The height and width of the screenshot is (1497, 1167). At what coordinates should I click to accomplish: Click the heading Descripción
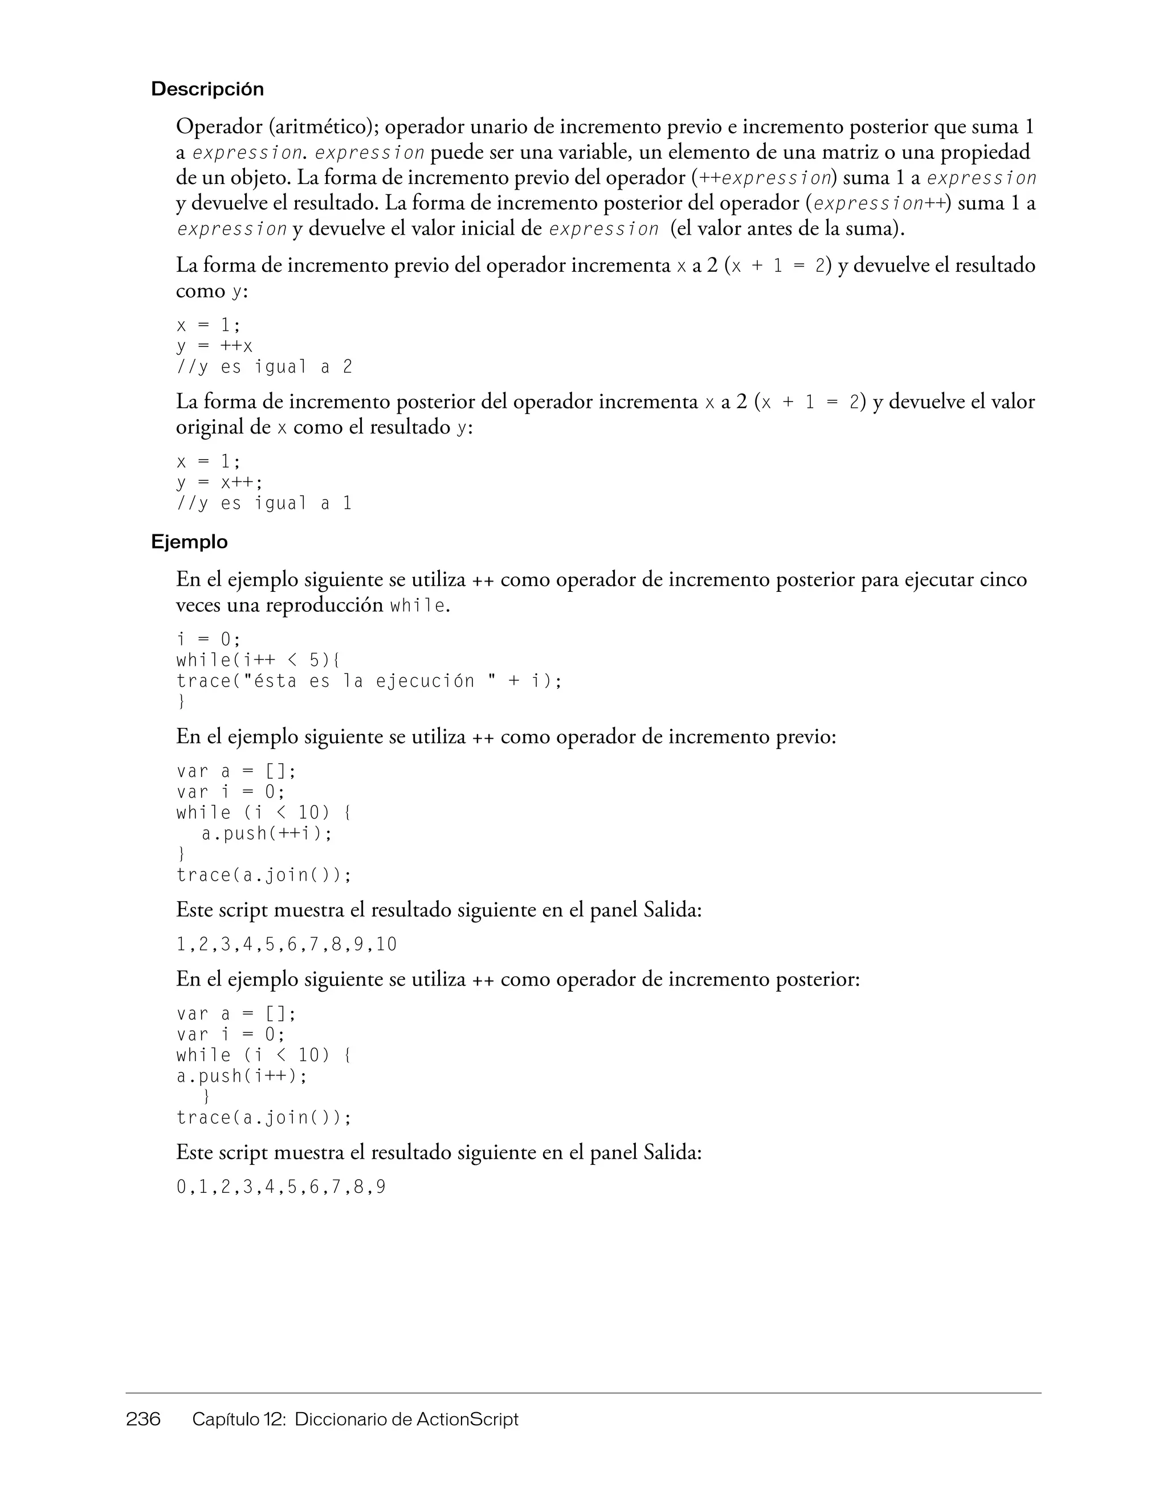pyautogui.click(x=207, y=89)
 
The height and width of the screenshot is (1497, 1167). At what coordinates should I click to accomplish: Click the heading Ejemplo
pyautogui.click(x=189, y=542)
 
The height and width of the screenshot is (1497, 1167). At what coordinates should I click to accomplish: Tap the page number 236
pyautogui.click(x=142, y=1418)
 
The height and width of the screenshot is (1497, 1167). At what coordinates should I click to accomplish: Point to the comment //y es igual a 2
pyautogui.click(x=264, y=367)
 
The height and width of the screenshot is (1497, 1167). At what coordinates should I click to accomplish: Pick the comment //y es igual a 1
pyautogui.click(x=264, y=504)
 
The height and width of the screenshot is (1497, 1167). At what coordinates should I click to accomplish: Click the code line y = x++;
pyautogui.click(x=219, y=482)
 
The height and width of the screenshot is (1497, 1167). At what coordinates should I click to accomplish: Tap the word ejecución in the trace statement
pyautogui.click(x=425, y=681)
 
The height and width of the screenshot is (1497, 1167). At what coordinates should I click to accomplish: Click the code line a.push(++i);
pyautogui.click(x=267, y=833)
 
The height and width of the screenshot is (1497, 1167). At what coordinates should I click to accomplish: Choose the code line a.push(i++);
pyautogui.click(x=242, y=1076)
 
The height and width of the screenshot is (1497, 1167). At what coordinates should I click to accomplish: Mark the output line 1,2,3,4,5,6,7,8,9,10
pyautogui.click(x=287, y=944)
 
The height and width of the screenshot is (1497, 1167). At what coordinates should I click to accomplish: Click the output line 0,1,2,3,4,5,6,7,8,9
pyautogui.click(x=281, y=1187)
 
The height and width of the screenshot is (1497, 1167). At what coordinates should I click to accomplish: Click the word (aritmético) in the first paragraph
pyautogui.click(x=324, y=127)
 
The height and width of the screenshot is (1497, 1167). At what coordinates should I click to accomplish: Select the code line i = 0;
pyautogui.click(x=209, y=640)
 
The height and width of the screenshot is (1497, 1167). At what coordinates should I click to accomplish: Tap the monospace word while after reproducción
pyautogui.click(x=418, y=606)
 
